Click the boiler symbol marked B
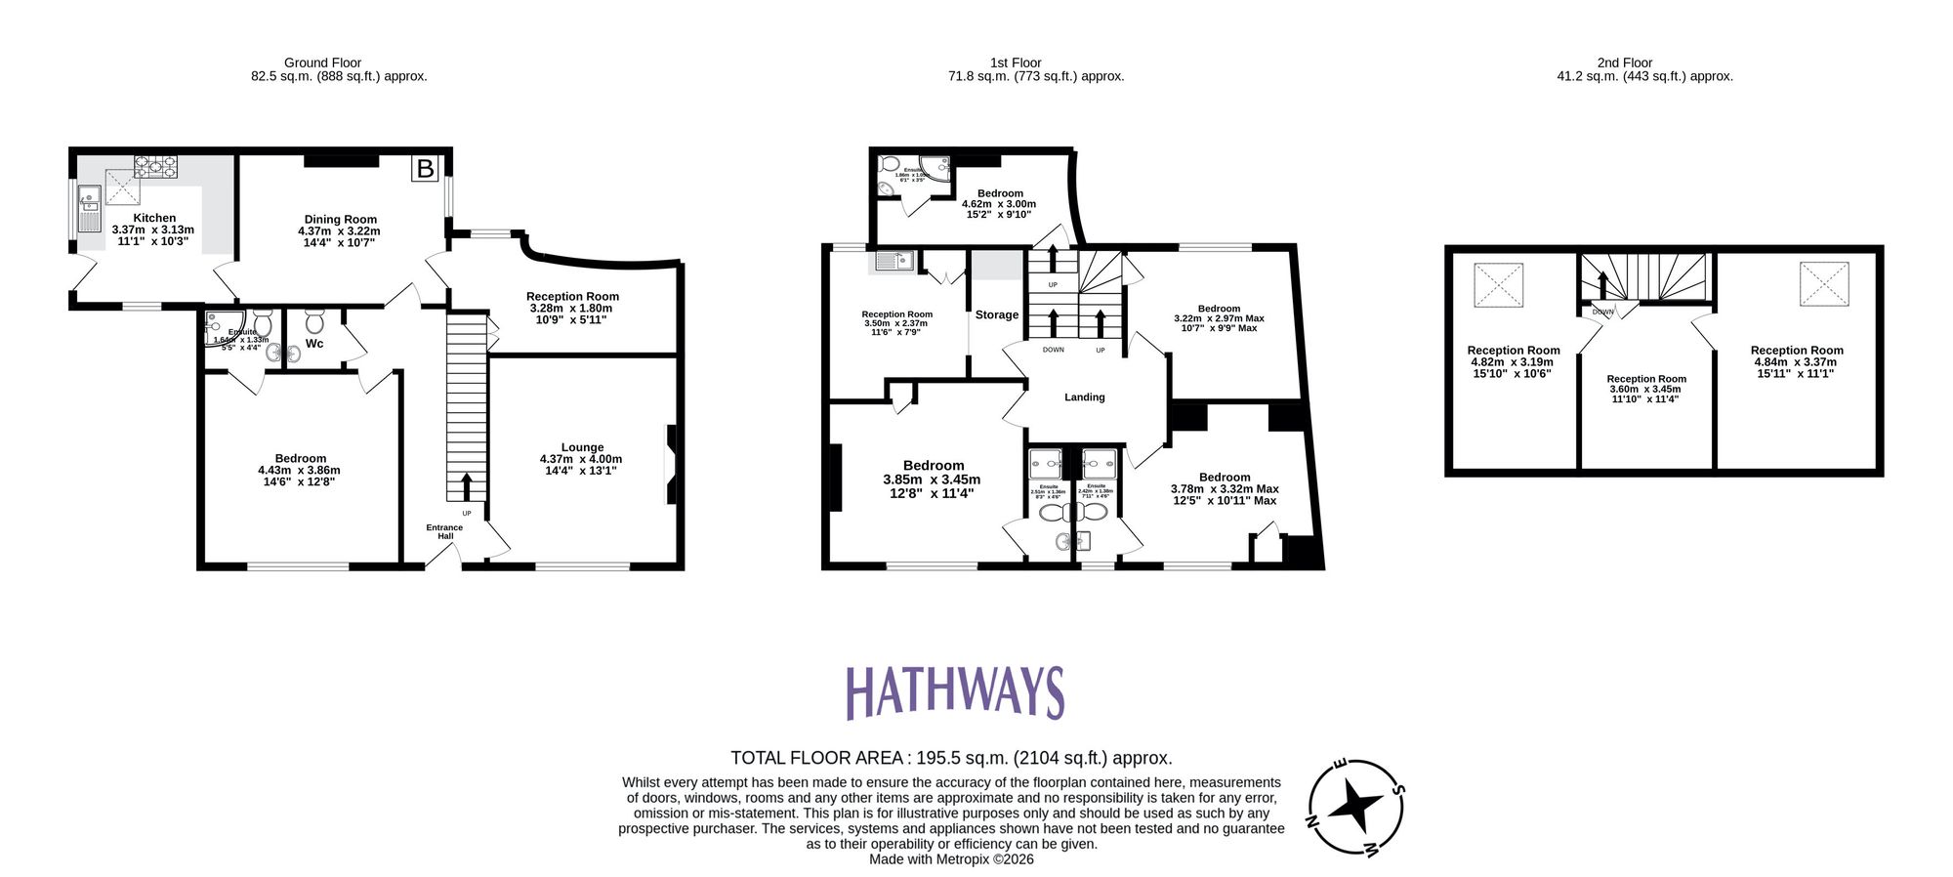tap(425, 169)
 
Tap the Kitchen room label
tap(154, 219)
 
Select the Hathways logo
tap(954, 692)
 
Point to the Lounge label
tap(582, 447)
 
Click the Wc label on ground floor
tap(314, 344)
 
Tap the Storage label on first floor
tap(996, 314)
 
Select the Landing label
tap(1084, 397)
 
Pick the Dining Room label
tap(340, 220)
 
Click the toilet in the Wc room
tap(314, 321)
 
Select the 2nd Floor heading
tap(1624, 63)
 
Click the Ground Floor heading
tap(322, 63)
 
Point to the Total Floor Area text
tap(950, 758)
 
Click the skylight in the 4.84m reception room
tap(1823, 284)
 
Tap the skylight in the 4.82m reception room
tap(1497, 285)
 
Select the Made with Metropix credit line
tap(950, 859)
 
